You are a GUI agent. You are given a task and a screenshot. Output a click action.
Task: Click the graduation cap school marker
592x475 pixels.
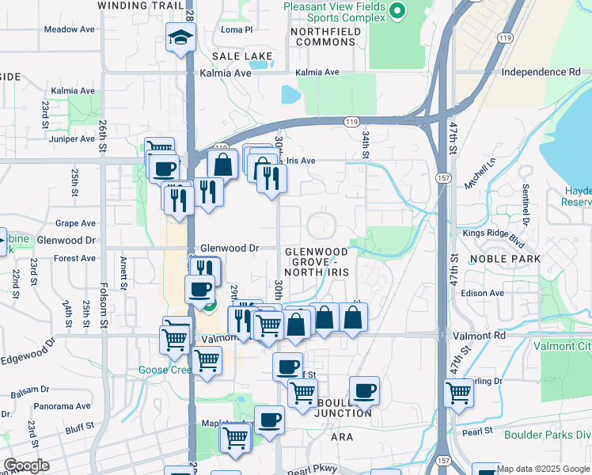(180, 36)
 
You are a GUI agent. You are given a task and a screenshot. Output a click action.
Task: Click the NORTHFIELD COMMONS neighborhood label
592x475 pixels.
(325, 37)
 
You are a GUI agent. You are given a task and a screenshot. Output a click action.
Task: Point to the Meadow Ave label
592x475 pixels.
(69, 29)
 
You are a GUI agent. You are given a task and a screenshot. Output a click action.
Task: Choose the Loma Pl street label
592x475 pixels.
(236, 30)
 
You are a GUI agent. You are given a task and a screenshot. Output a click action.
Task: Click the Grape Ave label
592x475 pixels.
(75, 223)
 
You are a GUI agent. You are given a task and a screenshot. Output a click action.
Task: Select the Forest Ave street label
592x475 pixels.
(75, 258)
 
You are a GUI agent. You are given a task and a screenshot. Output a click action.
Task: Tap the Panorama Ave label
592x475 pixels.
(62, 406)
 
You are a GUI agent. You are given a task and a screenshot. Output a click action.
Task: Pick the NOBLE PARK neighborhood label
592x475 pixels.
(505, 259)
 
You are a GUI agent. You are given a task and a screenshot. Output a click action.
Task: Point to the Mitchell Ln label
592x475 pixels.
(480, 172)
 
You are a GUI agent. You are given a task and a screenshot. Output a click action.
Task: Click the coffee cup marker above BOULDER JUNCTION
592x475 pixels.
(363, 390)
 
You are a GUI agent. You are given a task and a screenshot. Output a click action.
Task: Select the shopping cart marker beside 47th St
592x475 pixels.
(458, 392)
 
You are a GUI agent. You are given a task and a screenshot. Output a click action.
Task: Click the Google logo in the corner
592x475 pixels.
(26, 465)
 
